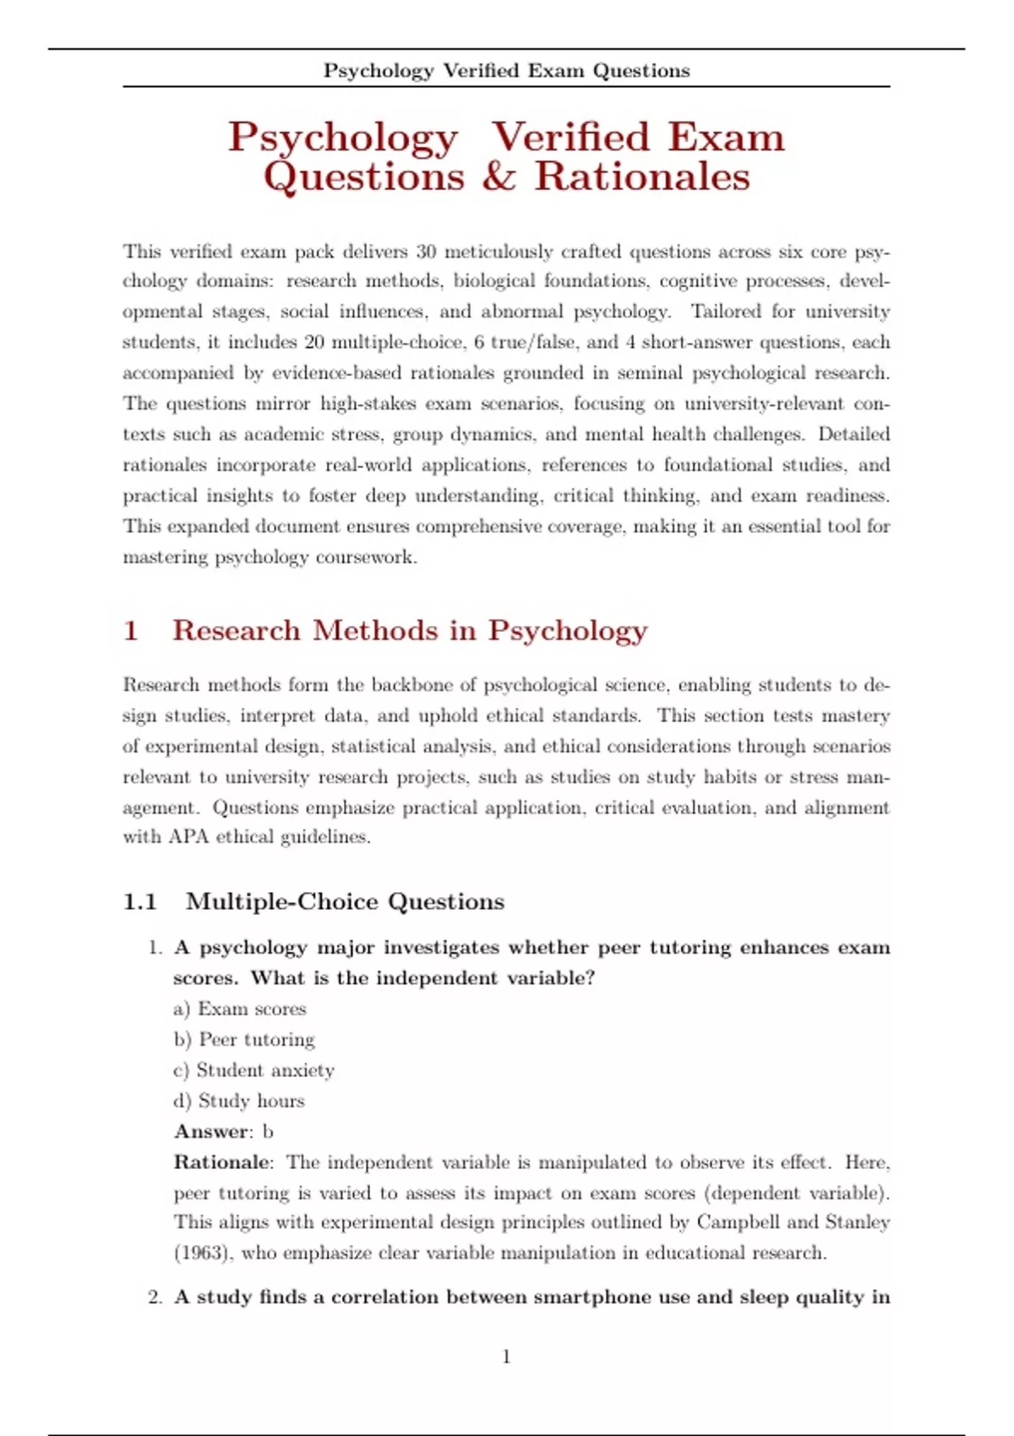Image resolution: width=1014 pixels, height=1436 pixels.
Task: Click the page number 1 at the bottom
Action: click(x=506, y=1357)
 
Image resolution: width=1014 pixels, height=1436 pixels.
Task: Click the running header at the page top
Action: click(x=506, y=71)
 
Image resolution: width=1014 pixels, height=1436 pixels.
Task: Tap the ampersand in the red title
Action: click(x=499, y=177)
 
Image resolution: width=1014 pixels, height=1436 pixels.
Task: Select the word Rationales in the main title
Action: click(x=642, y=177)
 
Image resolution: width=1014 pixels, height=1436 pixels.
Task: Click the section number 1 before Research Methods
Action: click(x=131, y=631)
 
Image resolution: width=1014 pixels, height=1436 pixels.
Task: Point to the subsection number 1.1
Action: click(x=140, y=902)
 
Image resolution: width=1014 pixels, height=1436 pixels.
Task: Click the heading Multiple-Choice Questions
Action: click(x=345, y=902)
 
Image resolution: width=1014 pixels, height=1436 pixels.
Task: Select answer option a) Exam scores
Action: click(x=240, y=1009)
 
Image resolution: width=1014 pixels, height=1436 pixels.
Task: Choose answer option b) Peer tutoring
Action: click(x=244, y=1039)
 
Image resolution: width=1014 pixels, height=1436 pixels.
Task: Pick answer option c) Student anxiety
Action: click(x=253, y=1070)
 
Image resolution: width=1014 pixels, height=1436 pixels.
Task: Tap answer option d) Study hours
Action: click(x=239, y=1101)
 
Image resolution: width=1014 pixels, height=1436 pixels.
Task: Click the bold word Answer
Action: click(x=212, y=1132)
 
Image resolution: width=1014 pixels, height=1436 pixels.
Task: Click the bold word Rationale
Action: click(x=222, y=1162)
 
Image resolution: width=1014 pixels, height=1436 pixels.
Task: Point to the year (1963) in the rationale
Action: click(x=202, y=1253)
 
